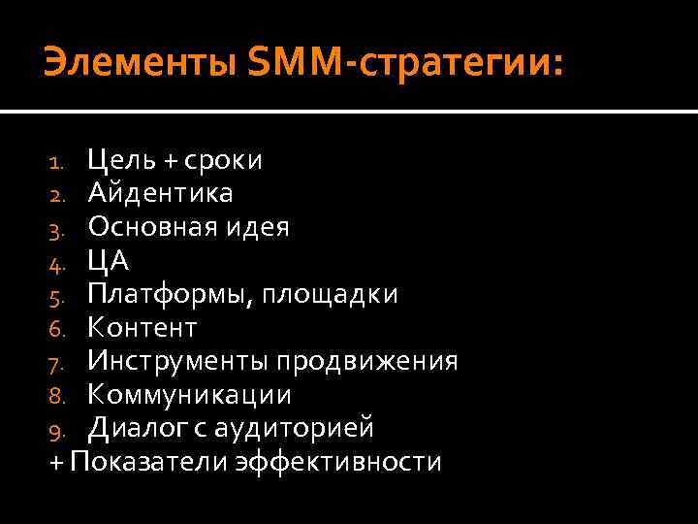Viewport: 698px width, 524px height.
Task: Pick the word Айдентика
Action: [160, 193]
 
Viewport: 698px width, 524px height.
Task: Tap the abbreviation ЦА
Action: [108, 260]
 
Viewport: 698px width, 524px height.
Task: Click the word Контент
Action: [142, 328]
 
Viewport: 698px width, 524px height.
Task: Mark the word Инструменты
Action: [177, 361]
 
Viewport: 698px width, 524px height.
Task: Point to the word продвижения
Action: [367, 361]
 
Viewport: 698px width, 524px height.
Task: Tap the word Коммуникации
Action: [189, 395]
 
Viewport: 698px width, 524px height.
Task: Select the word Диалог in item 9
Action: [133, 428]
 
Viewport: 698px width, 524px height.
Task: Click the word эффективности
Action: [336, 462]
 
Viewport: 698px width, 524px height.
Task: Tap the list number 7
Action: [55, 363]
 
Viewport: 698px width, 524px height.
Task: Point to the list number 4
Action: [55, 262]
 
